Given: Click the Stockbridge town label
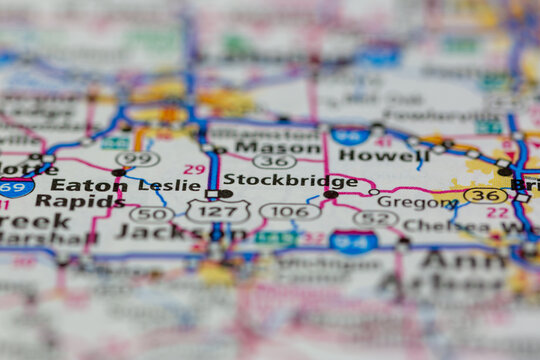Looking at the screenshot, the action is (289, 182).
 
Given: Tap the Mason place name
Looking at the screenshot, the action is (264, 146).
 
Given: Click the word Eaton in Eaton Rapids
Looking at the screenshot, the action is (84, 185).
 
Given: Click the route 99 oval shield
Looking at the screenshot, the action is (137, 159).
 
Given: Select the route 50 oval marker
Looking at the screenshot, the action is (151, 213).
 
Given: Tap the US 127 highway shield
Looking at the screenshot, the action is (218, 211).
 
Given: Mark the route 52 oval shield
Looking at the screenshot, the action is (375, 218).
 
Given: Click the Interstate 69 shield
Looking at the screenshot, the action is (14, 187).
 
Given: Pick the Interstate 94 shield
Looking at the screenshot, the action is (353, 241).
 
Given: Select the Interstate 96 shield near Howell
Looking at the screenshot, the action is (351, 136).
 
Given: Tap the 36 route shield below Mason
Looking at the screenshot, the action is (274, 161).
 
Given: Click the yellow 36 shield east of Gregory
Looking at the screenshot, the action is (486, 195).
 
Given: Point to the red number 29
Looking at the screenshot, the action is (194, 169).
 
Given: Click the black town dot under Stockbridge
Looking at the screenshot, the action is (330, 195).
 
